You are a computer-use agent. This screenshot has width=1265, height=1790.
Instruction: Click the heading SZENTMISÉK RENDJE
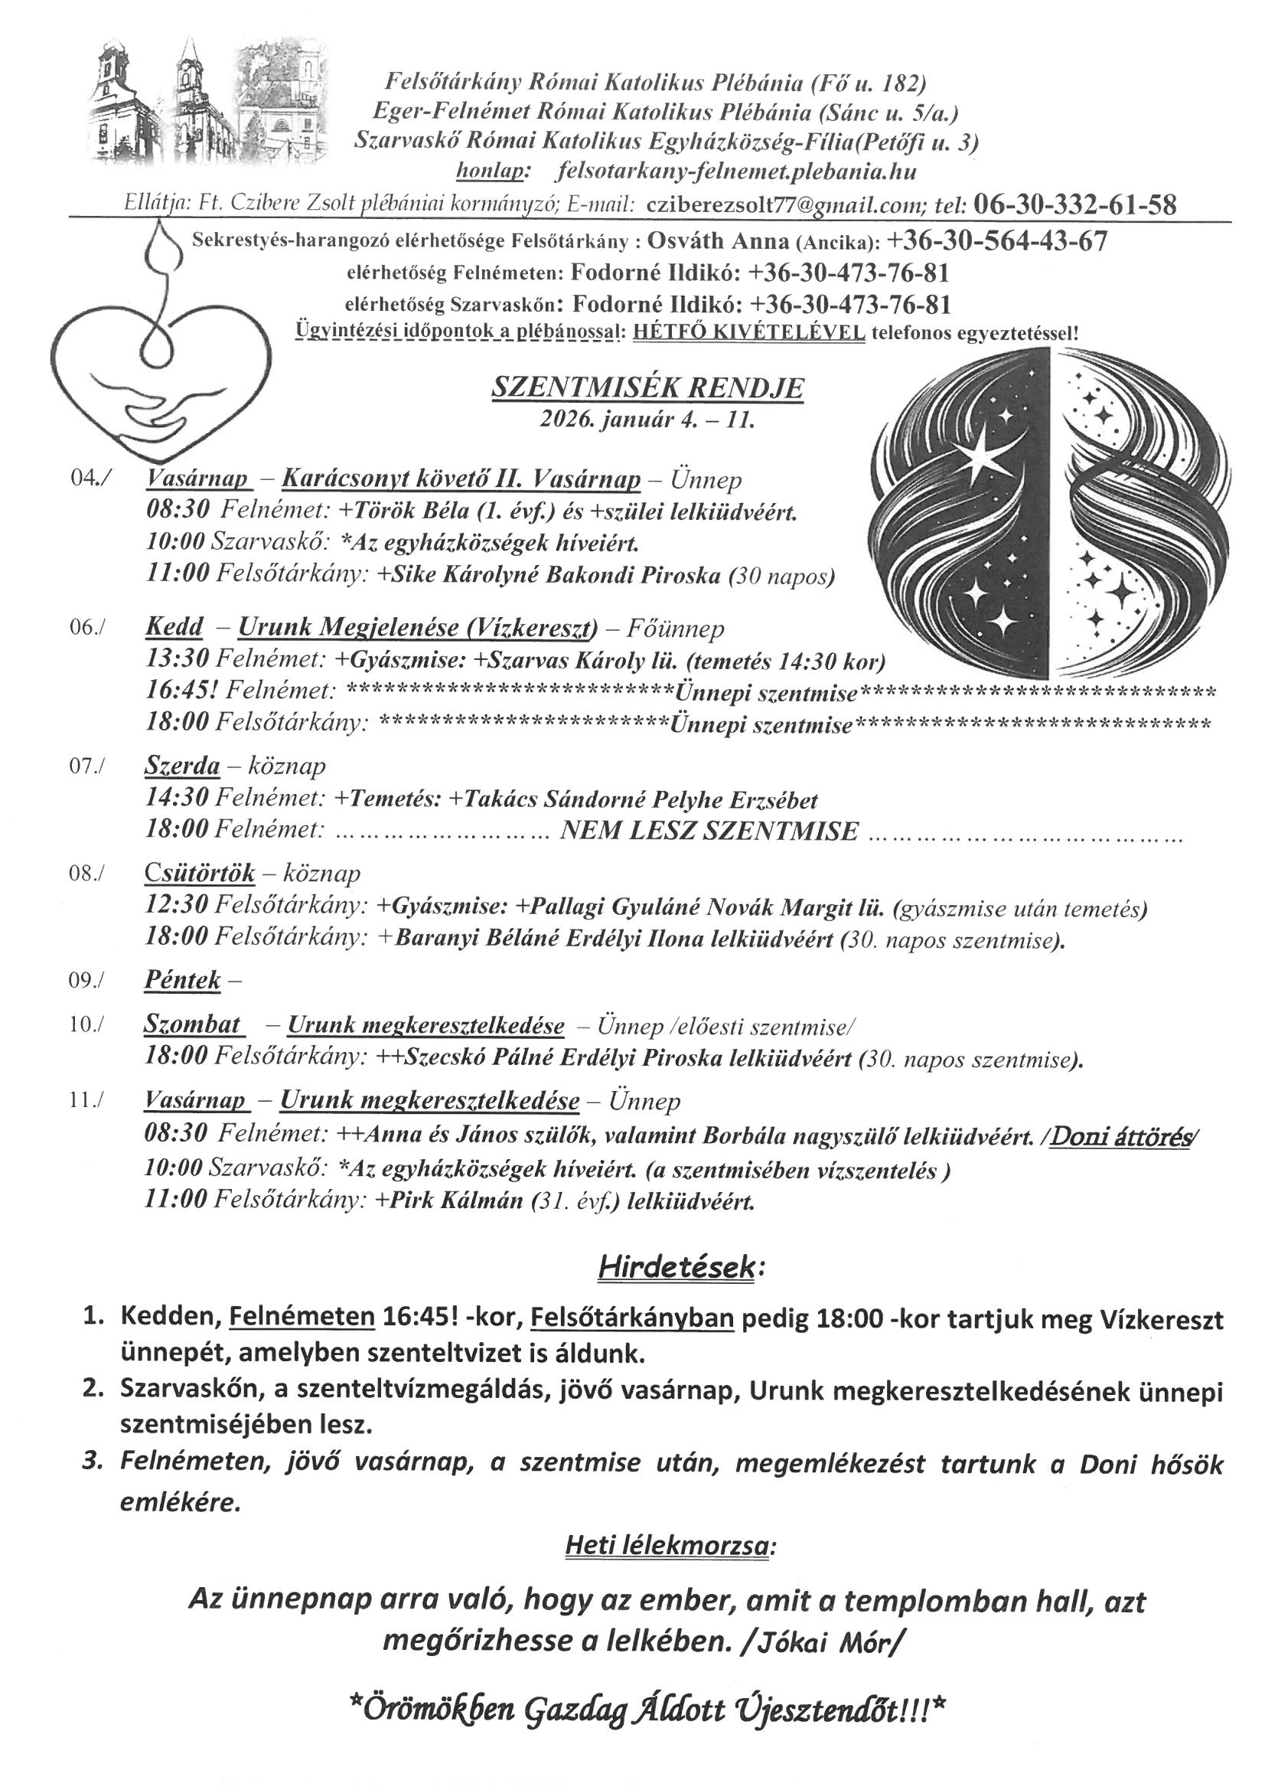click(x=647, y=387)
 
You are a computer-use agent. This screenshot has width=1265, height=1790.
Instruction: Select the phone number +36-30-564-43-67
click(x=997, y=242)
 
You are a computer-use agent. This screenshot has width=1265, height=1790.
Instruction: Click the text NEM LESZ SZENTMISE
click(x=709, y=831)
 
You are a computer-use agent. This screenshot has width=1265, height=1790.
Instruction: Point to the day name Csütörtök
click(x=200, y=873)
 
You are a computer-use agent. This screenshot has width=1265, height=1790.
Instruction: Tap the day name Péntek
click(x=183, y=980)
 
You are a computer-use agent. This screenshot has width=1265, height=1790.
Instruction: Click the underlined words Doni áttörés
click(x=1122, y=1138)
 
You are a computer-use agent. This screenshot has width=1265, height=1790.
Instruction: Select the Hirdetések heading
click(x=676, y=1269)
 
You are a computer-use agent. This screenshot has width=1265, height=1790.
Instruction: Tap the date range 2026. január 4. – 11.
click(x=647, y=420)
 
